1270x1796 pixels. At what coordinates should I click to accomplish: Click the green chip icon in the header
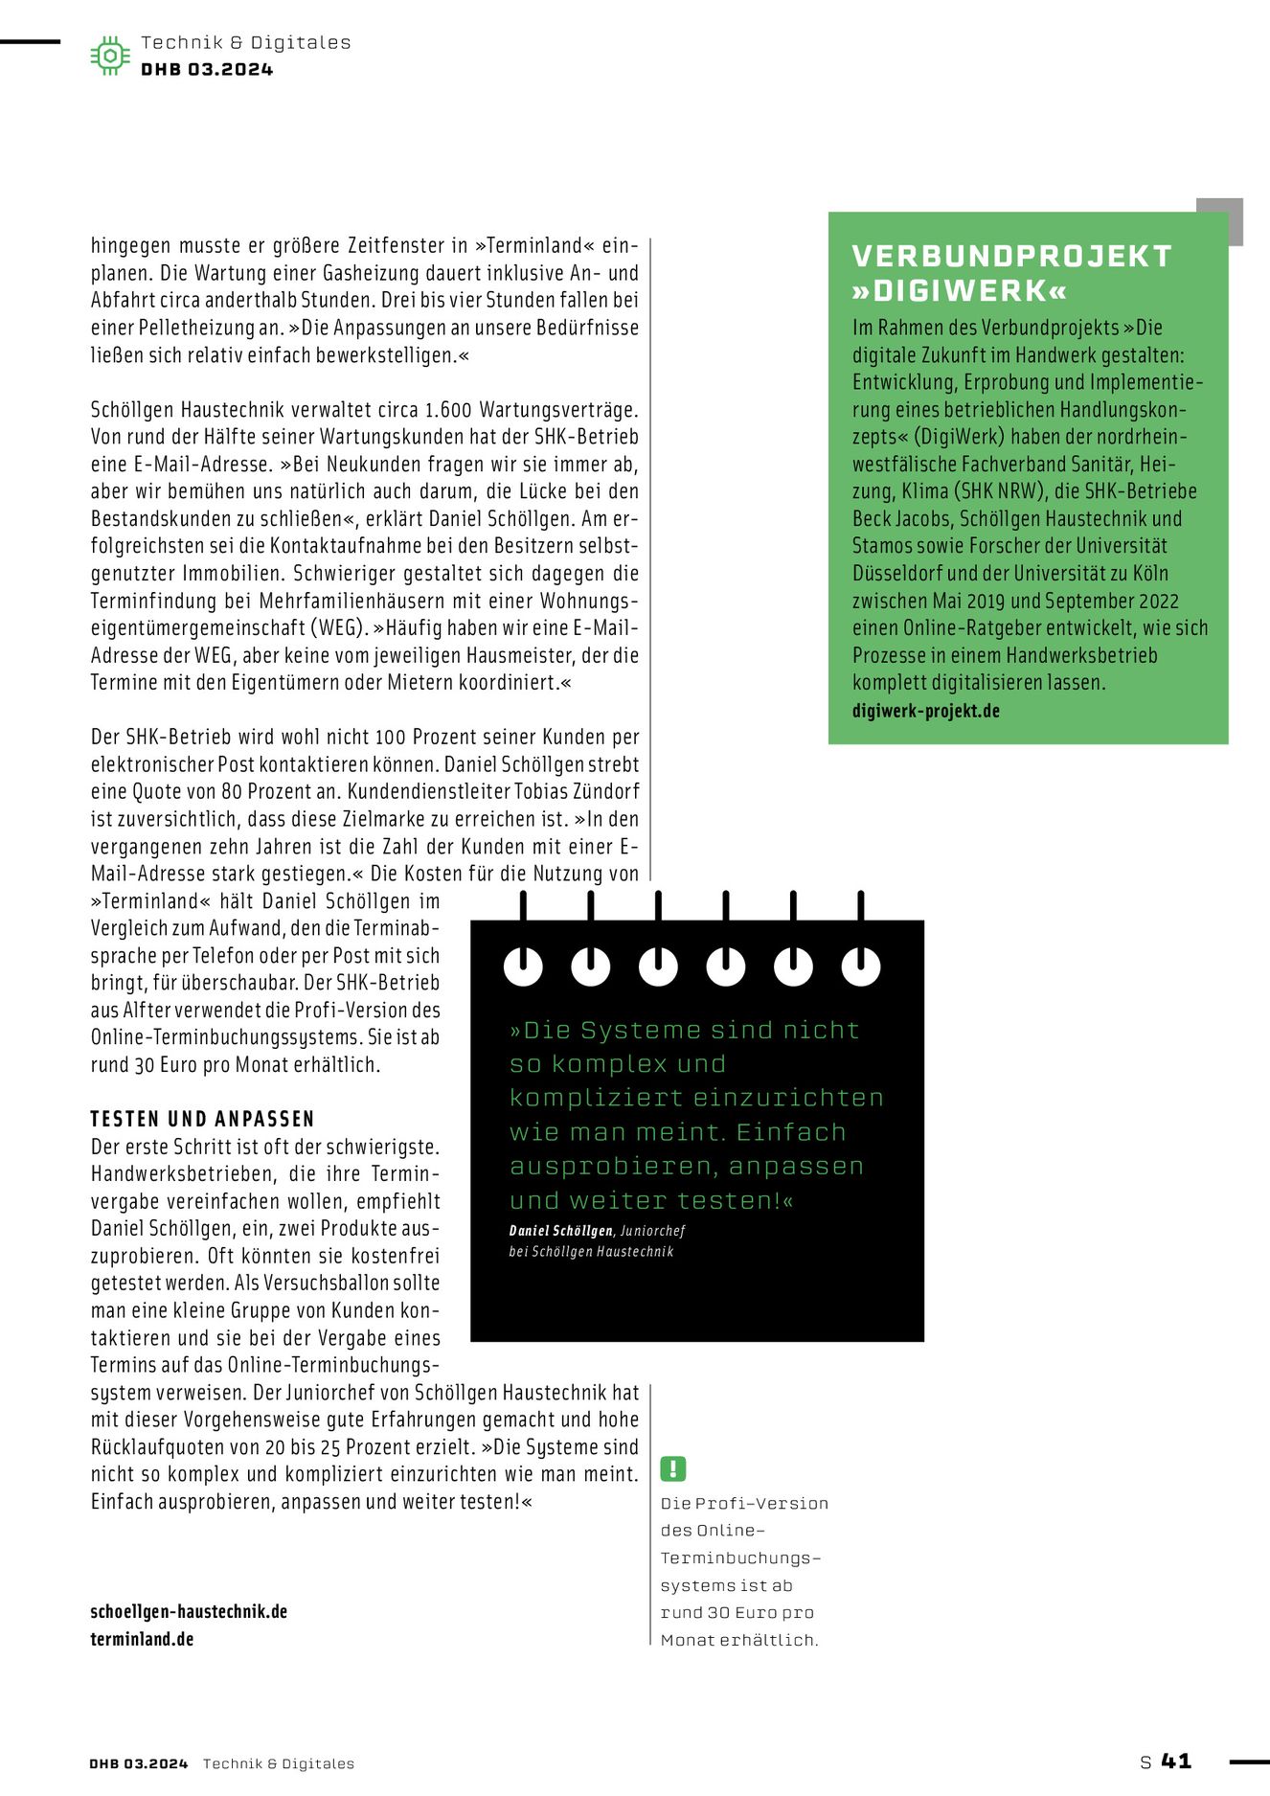coord(110,56)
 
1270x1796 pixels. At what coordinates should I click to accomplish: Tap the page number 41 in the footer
coord(1176,1761)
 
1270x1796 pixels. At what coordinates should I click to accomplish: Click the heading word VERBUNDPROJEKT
coord(1011,256)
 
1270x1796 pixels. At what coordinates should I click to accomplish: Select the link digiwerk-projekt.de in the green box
coord(925,711)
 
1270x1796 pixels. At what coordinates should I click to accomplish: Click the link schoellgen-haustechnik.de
coord(189,1611)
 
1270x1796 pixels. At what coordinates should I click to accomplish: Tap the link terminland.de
coord(142,1639)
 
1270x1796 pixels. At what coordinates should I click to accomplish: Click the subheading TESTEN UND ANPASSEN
coord(202,1119)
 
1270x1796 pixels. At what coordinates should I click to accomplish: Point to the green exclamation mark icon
coord(673,1468)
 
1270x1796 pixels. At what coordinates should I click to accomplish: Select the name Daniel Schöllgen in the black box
coord(560,1231)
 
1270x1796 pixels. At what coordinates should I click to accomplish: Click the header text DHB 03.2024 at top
coord(207,69)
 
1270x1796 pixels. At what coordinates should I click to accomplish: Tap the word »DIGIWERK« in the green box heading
coord(959,290)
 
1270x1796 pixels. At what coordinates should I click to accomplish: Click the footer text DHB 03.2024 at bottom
coord(138,1763)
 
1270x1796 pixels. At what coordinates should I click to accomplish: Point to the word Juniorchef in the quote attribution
coord(652,1231)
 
